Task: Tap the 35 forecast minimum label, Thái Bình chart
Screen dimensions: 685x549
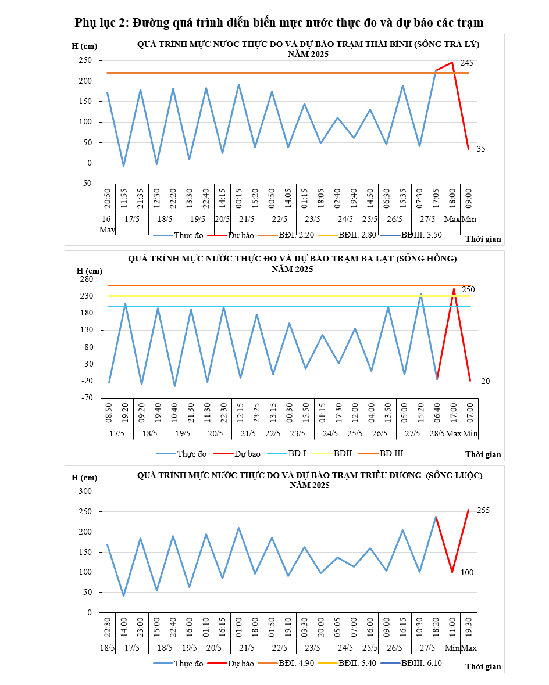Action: coord(481,149)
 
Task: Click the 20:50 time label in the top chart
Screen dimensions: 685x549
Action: coord(108,199)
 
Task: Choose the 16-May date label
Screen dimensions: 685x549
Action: coord(107,224)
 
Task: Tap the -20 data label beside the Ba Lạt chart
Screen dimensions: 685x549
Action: coord(484,381)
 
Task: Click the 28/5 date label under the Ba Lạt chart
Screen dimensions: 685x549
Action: coord(437,433)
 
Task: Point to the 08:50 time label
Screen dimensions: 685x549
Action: coord(108,413)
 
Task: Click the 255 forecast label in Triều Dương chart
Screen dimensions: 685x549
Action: coord(483,510)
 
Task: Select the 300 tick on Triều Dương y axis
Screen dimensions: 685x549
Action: coord(85,492)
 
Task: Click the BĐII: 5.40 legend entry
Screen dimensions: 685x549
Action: coord(353,663)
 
